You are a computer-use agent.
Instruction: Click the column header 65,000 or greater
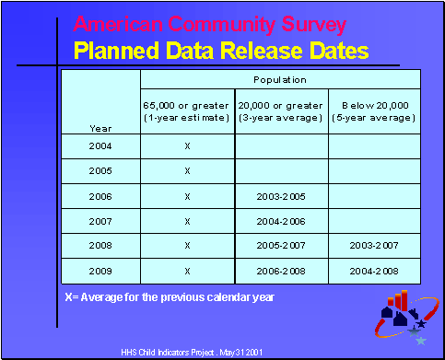coord(188,112)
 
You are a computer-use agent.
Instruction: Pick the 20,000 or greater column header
coord(281,112)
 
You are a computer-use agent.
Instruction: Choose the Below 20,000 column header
coord(374,112)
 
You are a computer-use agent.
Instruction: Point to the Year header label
coord(100,128)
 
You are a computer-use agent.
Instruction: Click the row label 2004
coord(100,146)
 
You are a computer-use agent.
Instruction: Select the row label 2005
coord(100,171)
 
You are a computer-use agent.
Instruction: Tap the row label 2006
coord(100,196)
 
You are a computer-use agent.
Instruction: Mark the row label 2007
coord(100,221)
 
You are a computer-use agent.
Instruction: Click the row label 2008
coord(100,246)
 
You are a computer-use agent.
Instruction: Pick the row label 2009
coord(100,271)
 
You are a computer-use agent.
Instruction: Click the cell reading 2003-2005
coord(281,196)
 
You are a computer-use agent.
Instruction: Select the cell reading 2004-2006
coord(281,221)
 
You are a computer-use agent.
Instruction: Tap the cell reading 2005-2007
coord(281,246)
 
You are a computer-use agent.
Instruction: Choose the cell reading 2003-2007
coord(374,246)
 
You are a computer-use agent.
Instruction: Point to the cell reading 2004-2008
coord(374,271)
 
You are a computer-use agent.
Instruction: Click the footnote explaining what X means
coord(170,297)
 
